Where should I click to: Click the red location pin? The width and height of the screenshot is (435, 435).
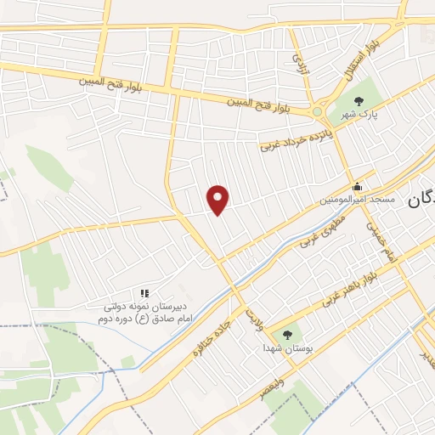pos(219,199)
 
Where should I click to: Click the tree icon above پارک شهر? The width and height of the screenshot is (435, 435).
pos(368,87)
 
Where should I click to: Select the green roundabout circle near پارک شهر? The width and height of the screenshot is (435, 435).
pos(317,110)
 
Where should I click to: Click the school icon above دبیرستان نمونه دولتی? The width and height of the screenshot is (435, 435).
pos(144,293)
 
